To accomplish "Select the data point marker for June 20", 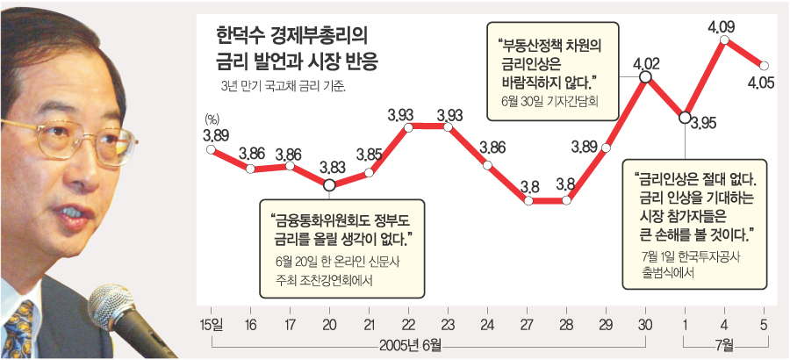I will [x=329, y=185].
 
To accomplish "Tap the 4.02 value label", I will [x=645, y=62].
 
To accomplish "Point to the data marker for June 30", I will [x=645, y=77].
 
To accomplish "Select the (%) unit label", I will [x=211, y=119].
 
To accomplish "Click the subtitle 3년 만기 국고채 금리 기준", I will [x=281, y=86].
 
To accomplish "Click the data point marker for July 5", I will [x=765, y=65].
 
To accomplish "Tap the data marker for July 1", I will [x=684, y=118].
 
